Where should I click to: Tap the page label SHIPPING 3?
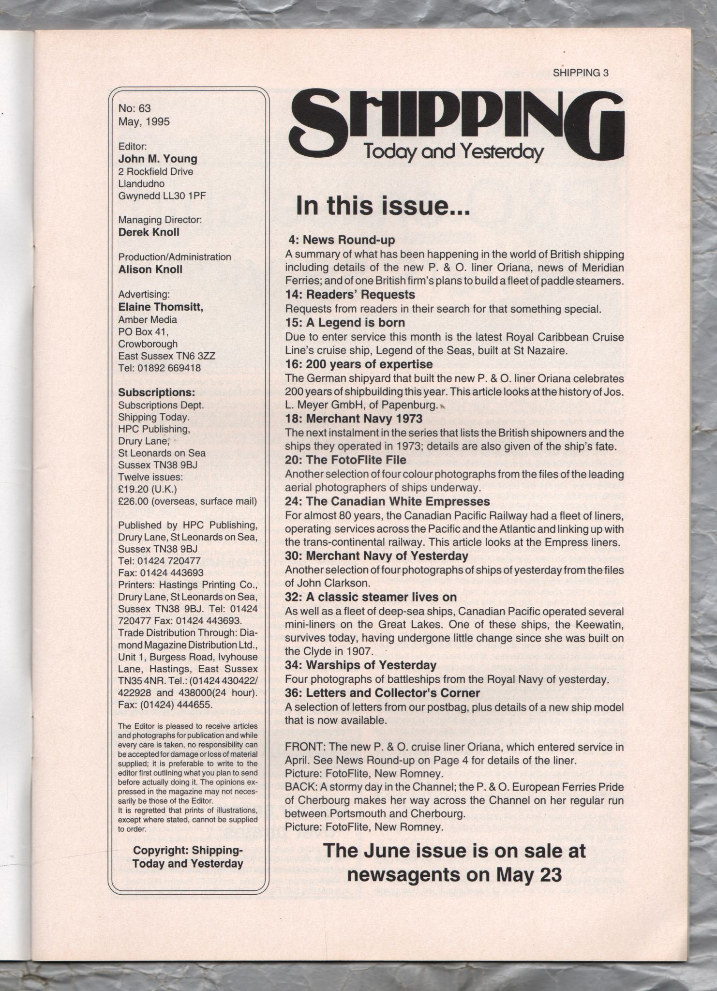click(x=580, y=73)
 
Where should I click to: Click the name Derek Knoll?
click(x=149, y=232)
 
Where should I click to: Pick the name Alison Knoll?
click(x=150, y=269)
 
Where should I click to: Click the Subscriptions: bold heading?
click(x=156, y=392)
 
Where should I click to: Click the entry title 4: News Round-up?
click(x=342, y=240)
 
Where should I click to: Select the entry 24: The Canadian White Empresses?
click(x=387, y=501)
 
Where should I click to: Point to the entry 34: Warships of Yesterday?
click(x=360, y=665)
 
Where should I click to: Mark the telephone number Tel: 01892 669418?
click(x=159, y=368)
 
